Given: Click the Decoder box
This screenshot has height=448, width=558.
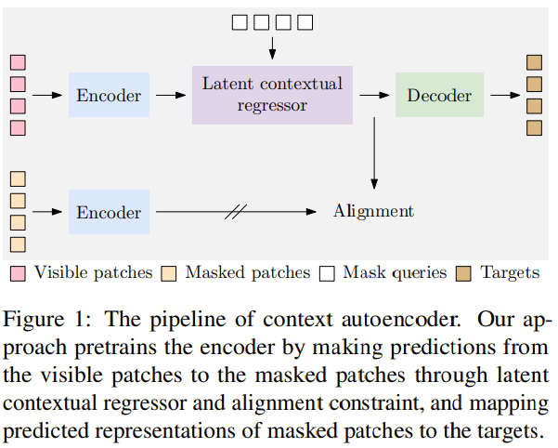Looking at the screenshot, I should point(439,95).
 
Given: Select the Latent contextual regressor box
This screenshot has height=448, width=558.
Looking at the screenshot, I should point(272,94).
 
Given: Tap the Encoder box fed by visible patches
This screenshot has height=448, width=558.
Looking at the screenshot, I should point(109,95).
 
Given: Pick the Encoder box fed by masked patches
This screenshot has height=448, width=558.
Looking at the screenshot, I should point(109,212).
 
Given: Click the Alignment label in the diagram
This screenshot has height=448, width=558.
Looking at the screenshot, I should point(373,211).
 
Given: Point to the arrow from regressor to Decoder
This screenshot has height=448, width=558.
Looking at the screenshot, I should point(373,95).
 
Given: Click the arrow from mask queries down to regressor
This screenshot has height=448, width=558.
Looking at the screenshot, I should point(272,44).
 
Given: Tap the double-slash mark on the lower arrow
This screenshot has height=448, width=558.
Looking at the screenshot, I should point(236,212).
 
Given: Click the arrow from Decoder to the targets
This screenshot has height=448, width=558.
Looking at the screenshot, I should point(505,95).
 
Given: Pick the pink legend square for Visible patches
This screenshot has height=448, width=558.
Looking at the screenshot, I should point(18,273).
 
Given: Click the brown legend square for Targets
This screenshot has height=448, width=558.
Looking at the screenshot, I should point(464,273).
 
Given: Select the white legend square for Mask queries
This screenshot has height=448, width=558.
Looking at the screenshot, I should point(327,273).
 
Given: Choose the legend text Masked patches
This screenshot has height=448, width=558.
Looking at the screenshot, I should point(248,273).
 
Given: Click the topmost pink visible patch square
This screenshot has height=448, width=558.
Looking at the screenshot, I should point(18,63).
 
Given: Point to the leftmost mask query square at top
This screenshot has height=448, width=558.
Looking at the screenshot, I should point(240,21).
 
